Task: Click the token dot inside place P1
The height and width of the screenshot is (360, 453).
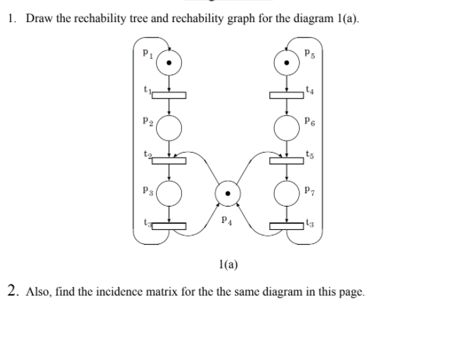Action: coord(169,62)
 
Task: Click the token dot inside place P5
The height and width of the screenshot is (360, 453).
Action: coord(286,62)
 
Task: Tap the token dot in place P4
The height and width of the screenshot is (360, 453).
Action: coord(227,192)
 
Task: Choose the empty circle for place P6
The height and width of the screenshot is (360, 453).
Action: coord(286,127)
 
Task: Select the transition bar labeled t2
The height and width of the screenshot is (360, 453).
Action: coord(169,160)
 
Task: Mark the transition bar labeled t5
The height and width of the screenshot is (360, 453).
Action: coord(286,160)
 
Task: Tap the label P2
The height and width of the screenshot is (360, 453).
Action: coord(144,123)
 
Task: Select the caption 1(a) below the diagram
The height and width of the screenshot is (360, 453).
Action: coord(228,266)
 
